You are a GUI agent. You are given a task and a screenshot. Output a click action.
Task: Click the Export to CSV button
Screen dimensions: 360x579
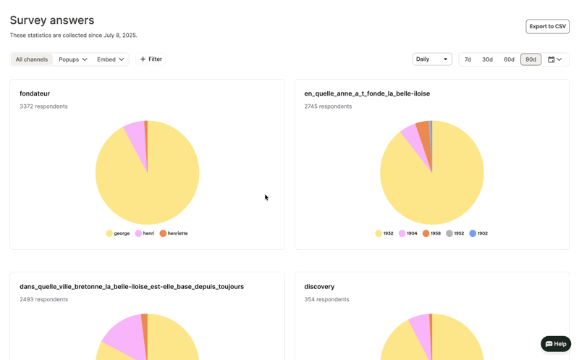[547, 27]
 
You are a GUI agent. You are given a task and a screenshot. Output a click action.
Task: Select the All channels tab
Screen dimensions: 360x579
[32, 59]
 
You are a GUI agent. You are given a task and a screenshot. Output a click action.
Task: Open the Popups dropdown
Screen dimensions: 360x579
[73, 59]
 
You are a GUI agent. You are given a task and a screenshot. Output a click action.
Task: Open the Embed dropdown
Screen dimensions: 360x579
[111, 59]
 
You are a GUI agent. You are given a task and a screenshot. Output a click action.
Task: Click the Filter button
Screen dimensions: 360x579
[151, 59]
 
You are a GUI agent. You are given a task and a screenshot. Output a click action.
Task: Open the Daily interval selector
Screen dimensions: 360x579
[432, 59]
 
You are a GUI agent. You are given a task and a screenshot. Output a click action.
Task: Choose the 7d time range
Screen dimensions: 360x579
[468, 59]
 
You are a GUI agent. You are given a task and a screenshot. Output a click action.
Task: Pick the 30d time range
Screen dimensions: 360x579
[487, 59]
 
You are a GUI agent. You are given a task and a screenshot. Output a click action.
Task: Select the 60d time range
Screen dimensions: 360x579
[509, 59]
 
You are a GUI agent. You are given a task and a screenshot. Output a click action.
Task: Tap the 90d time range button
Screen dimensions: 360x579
[531, 59]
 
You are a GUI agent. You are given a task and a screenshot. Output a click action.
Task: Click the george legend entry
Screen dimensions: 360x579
[118, 233]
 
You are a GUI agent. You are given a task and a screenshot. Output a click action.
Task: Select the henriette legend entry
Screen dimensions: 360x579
[174, 233]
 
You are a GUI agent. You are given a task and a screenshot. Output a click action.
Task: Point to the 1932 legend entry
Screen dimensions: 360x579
[384, 233]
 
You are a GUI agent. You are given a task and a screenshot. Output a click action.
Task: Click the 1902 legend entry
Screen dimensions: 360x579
[478, 233]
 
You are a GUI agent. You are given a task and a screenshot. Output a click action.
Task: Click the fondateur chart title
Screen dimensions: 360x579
[35, 93]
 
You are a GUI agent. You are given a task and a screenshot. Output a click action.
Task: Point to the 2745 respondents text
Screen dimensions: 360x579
[328, 106]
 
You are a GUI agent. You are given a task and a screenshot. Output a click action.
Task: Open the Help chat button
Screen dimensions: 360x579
[556, 344]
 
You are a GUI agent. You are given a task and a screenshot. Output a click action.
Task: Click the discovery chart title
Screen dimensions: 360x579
[319, 287]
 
